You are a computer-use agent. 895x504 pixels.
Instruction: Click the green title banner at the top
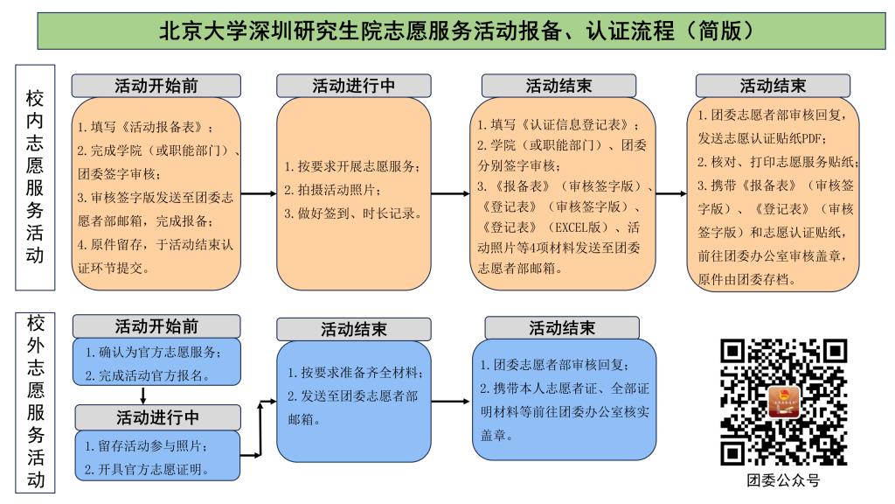click(x=461, y=31)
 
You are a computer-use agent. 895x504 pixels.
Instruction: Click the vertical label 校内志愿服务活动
click(x=35, y=177)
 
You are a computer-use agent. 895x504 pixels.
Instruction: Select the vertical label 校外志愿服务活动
click(x=35, y=402)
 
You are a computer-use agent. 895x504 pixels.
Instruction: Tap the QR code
click(x=783, y=402)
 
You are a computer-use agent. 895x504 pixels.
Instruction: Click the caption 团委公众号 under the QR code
click(x=783, y=480)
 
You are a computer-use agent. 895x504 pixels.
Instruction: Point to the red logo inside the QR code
click(x=784, y=402)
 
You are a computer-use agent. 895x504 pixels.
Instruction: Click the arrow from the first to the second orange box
click(x=259, y=193)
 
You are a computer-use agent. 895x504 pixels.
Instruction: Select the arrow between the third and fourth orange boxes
click(x=671, y=193)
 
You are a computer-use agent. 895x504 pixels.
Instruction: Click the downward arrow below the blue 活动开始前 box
click(x=142, y=395)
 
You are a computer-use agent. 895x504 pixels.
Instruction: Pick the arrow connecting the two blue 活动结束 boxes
click(x=451, y=401)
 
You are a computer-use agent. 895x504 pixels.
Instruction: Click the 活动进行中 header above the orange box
click(x=354, y=86)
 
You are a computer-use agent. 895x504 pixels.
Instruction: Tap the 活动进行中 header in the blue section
click(x=157, y=417)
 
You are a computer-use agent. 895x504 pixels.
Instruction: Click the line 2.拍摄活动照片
click(x=332, y=190)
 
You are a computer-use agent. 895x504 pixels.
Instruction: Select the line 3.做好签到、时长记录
click(x=353, y=213)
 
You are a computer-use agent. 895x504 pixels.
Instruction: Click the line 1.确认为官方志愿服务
click(x=153, y=352)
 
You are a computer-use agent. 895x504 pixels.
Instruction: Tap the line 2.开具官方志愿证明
click(x=147, y=470)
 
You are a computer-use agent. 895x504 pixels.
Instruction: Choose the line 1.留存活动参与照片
click(x=146, y=445)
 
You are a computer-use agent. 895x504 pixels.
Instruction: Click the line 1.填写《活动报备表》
click(x=146, y=127)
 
